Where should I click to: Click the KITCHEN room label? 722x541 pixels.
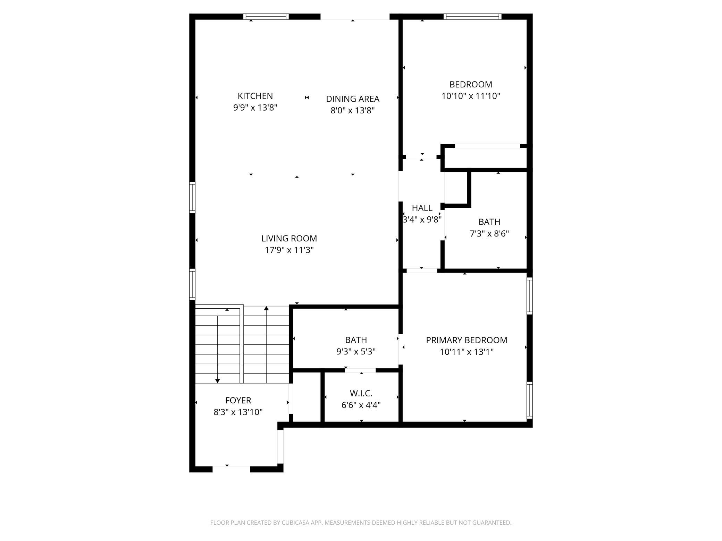click(255, 96)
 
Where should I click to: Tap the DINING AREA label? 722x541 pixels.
click(353, 99)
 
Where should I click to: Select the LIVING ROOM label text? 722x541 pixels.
click(289, 239)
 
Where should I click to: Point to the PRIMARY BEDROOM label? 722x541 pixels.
click(467, 340)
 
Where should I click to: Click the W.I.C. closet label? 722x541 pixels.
click(361, 394)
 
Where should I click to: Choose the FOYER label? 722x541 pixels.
click(238, 401)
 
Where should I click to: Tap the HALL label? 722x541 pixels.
click(422, 208)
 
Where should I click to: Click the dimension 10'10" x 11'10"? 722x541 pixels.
click(471, 96)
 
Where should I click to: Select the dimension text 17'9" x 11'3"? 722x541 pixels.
click(289, 250)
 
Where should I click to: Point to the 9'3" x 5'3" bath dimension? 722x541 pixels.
click(356, 352)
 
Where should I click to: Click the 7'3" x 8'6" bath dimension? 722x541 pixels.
click(489, 234)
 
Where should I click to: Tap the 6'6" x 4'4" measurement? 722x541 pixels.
click(361, 405)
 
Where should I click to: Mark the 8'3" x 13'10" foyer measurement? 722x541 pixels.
click(238, 412)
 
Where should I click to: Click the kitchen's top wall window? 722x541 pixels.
click(266, 16)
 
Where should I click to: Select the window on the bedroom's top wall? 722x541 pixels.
click(472, 16)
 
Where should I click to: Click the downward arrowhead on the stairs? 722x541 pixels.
click(218, 381)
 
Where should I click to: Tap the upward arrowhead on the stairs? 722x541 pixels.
click(266, 308)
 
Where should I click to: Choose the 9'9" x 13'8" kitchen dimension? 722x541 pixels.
click(255, 108)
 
